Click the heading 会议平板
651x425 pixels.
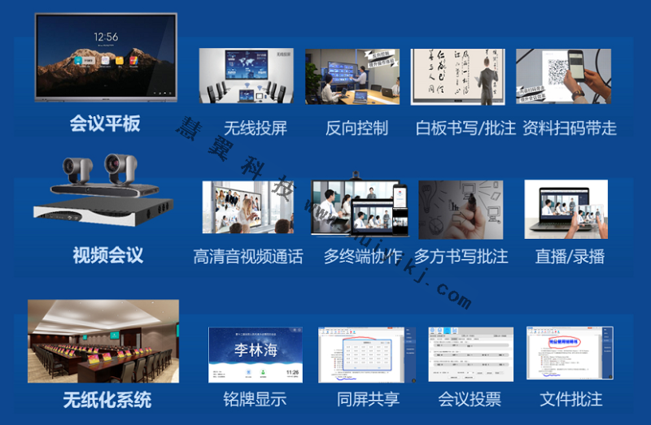[105, 124]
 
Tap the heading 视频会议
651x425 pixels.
[107, 255]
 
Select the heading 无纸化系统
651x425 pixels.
[107, 400]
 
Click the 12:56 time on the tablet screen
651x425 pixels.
[106, 37]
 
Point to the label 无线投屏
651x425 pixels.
[255, 128]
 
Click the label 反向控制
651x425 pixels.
[356, 128]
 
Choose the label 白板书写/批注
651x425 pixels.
[465, 128]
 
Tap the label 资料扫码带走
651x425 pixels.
[569, 128]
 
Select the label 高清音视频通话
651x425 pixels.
[248, 257]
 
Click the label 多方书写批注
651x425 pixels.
[461, 257]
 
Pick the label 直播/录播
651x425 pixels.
[570, 257]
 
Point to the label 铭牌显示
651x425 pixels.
[255, 400]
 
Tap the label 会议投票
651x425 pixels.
[470, 400]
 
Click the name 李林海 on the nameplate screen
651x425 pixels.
[255, 349]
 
